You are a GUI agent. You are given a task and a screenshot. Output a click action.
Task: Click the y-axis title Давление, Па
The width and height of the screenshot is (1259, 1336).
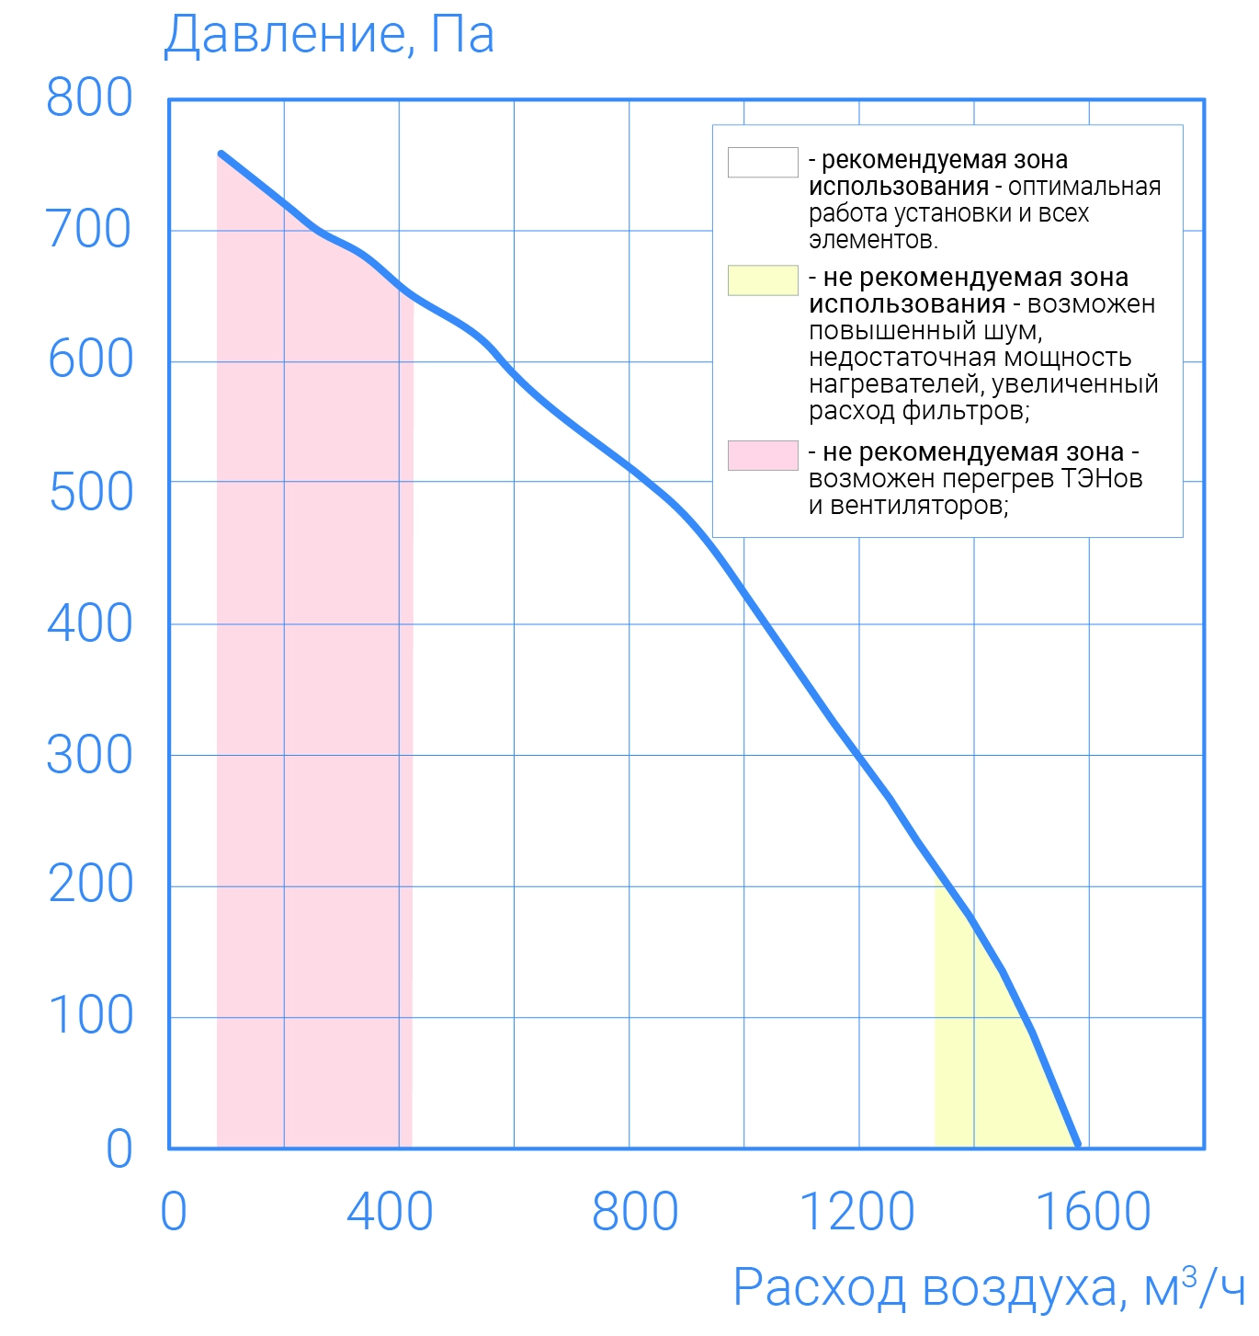point(328,35)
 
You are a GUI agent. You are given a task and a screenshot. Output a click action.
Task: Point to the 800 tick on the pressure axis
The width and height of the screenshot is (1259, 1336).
point(89,97)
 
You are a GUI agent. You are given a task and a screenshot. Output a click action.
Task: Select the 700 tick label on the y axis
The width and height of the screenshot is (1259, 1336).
point(89,229)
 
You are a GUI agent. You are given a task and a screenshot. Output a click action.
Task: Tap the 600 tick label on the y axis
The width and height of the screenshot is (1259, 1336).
point(90,360)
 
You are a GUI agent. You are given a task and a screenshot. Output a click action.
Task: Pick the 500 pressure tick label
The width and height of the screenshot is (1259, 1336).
point(90,492)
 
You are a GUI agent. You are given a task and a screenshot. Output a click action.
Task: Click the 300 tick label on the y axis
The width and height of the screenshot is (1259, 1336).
point(89,755)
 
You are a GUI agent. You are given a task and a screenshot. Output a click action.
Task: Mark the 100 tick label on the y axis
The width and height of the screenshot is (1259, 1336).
point(90,1016)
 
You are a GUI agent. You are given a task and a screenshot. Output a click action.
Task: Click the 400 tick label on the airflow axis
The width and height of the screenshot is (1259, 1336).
point(390,1212)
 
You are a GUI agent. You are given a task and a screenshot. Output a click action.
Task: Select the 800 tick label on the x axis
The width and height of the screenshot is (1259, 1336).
point(635,1212)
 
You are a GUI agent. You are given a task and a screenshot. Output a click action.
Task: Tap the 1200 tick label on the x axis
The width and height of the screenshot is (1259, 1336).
point(857,1212)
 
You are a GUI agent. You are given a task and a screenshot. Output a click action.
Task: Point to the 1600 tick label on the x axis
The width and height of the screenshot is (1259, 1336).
point(1093,1212)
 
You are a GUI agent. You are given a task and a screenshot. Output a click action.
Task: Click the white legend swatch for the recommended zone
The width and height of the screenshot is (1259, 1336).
point(763,162)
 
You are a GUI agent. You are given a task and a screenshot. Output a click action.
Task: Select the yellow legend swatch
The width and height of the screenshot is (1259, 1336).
point(763,280)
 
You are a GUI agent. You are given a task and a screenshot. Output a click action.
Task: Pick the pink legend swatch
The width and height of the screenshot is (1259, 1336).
point(763,455)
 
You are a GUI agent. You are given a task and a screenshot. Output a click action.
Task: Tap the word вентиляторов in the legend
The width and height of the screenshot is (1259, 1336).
point(919,506)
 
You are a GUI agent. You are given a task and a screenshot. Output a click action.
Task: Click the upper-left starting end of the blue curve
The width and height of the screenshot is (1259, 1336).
point(221,154)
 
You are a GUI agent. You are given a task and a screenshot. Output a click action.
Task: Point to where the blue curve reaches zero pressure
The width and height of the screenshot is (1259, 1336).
point(1077,1145)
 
